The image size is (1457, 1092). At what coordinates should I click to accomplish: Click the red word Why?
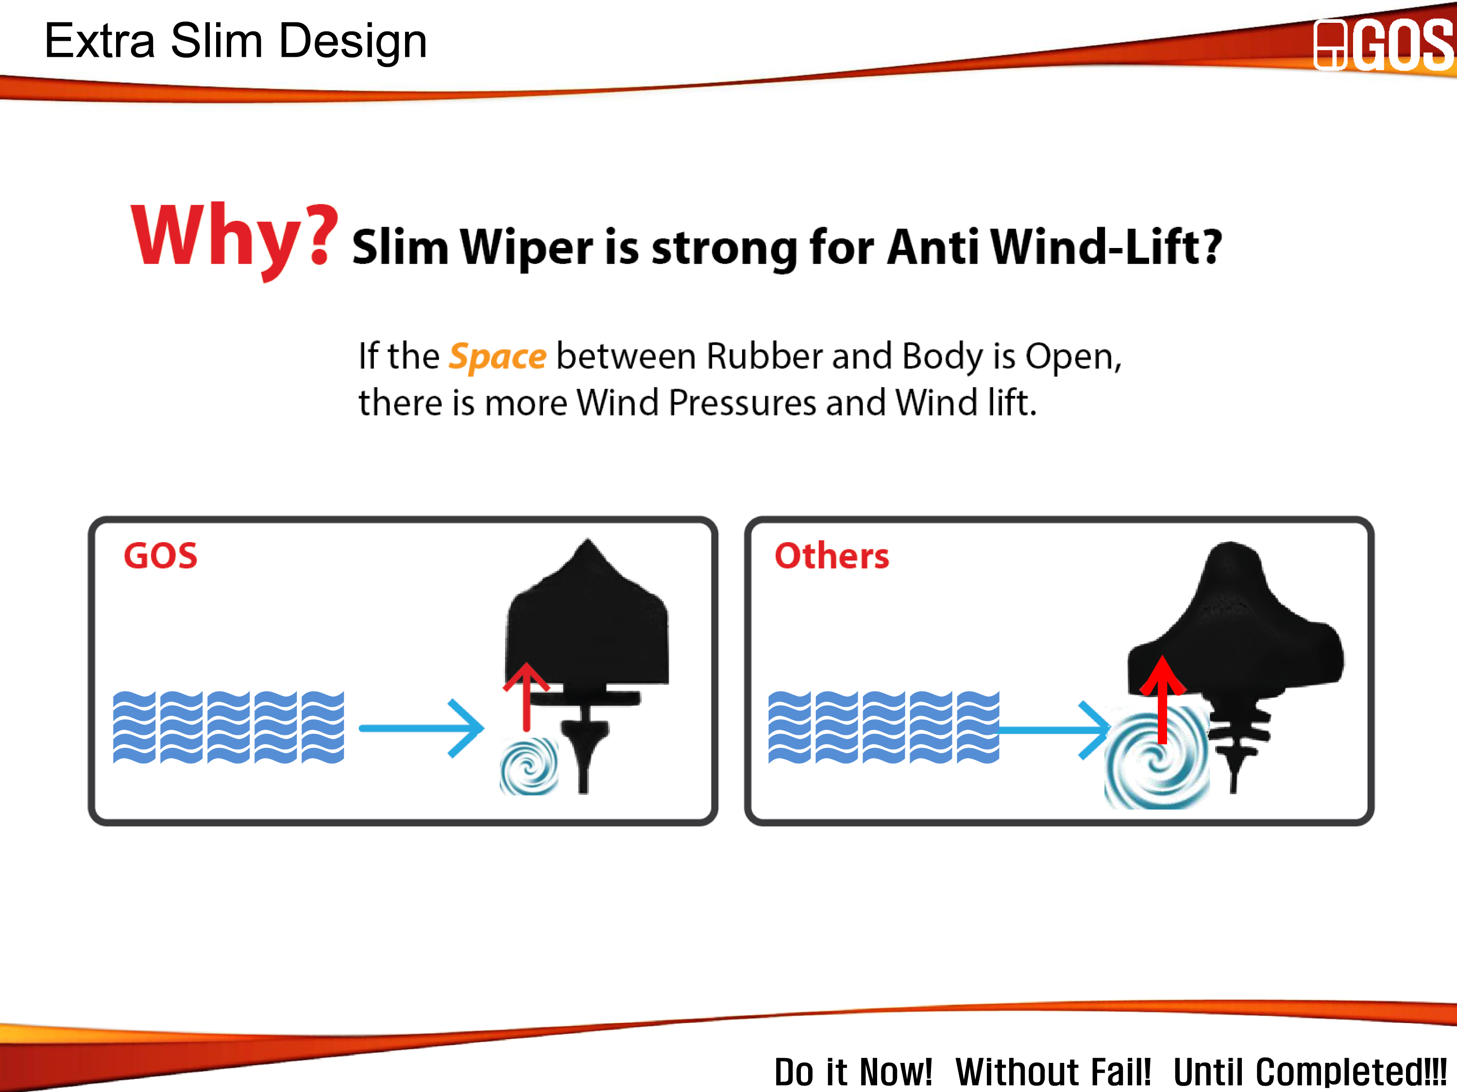pos(235,241)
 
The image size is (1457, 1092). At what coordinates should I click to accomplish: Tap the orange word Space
pos(497,357)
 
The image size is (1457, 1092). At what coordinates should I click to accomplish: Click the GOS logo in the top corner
pos(1383,44)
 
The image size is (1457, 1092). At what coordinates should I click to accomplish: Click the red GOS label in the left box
pos(161,556)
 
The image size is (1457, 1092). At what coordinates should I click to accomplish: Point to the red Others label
pos(832,556)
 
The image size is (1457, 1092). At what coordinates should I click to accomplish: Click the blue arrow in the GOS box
pos(422,728)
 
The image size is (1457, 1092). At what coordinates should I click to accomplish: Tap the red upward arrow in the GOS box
pos(526,696)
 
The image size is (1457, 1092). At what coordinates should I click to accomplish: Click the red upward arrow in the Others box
pos(1163,699)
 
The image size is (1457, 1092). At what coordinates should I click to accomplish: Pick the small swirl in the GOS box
pos(529,765)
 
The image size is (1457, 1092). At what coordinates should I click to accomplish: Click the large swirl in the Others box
pos(1157,757)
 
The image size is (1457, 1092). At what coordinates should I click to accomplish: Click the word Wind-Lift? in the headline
pos(1106,247)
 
